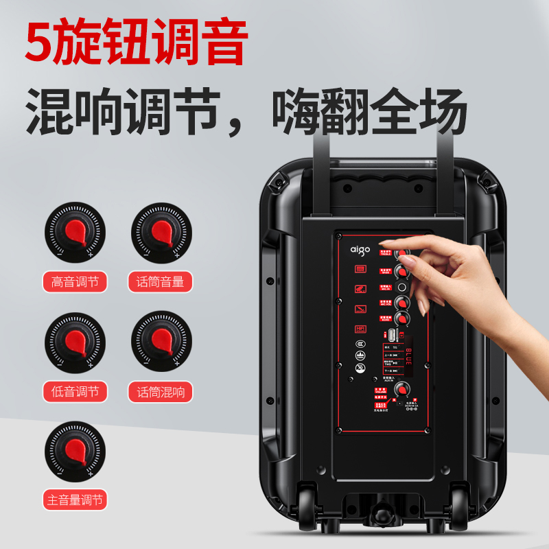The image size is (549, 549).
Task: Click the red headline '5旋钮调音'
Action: click(x=135, y=43)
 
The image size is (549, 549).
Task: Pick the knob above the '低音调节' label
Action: click(x=75, y=341)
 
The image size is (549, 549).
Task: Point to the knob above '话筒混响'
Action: click(x=161, y=341)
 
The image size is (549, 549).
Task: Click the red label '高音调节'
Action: click(x=75, y=281)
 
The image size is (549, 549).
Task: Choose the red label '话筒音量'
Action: click(x=161, y=281)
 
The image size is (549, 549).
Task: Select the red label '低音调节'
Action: click(x=75, y=392)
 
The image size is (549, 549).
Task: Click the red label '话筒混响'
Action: click(x=161, y=392)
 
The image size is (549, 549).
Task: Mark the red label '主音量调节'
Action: click(x=75, y=500)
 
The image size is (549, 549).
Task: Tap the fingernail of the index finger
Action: click(x=388, y=243)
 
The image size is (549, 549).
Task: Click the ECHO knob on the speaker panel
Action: click(x=402, y=318)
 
